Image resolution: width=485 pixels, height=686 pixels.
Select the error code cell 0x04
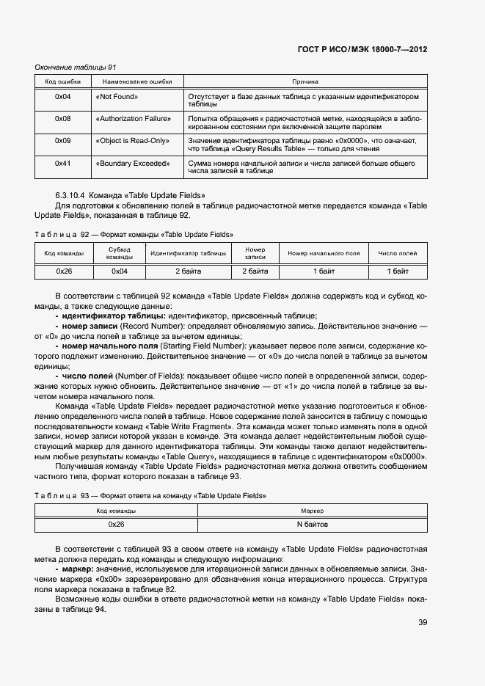click(x=63, y=97)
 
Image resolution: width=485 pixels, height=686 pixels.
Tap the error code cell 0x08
click(x=63, y=118)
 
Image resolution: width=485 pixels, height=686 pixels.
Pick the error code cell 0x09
click(x=63, y=140)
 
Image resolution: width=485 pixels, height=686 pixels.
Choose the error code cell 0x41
click(x=63, y=162)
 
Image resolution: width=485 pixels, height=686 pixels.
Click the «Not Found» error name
click(x=117, y=97)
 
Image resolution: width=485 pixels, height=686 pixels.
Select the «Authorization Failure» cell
click(x=133, y=118)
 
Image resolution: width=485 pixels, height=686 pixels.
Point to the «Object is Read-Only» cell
click(x=132, y=140)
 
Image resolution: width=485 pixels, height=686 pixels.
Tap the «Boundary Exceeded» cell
click(x=132, y=162)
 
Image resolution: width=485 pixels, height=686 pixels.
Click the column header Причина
click(x=305, y=81)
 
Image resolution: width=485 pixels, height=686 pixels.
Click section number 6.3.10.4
click(x=70, y=196)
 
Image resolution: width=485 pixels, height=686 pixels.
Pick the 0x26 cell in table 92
click(x=64, y=271)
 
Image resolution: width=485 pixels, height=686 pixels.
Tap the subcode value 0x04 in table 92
click(x=119, y=271)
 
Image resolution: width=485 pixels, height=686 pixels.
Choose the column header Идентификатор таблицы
click(x=188, y=253)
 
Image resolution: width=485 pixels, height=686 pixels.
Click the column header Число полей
click(x=398, y=253)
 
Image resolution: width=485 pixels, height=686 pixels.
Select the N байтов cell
click(x=313, y=525)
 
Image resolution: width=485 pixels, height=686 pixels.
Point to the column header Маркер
click(x=313, y=510)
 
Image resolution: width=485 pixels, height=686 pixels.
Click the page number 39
click(x=423, y=623)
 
